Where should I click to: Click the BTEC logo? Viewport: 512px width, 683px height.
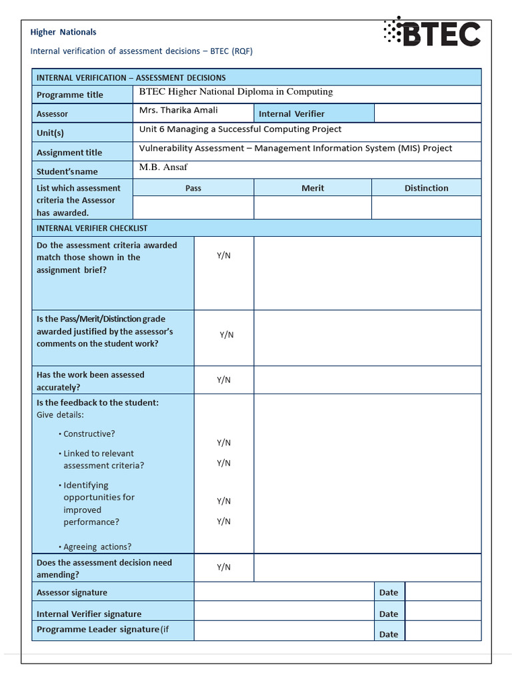coord(432,33)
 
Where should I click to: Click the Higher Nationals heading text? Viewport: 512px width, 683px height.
coord(63,32)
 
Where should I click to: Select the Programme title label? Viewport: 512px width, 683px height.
coord(70,95)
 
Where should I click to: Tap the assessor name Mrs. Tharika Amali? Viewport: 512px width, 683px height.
coord(178,110)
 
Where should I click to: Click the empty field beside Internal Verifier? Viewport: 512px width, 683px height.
coord(427,113)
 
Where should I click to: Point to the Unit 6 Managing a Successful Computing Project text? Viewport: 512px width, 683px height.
coord(240,129)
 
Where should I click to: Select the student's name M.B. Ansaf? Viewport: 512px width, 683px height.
coord(163,167)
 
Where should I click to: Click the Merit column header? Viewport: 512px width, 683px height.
coord(313,188)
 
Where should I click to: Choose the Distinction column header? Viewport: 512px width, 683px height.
coord(426,188)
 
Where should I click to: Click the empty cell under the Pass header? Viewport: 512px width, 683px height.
coord(193,207)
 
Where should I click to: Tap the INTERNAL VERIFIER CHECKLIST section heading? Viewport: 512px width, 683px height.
coord(92,228)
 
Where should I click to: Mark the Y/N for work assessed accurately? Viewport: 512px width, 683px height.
coord(223,380)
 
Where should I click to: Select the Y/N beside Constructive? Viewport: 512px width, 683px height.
coord(223,442)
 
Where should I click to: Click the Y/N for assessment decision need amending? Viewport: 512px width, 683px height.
coord(223,567)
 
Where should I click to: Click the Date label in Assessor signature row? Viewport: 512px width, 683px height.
coord(388,592)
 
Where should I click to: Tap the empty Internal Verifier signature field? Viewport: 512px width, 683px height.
coord(283,612)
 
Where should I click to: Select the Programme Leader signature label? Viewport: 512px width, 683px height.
coord(103,630)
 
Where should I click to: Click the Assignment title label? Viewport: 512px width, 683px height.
coord(69,153)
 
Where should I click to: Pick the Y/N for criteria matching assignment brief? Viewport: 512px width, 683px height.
coord(223,255)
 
